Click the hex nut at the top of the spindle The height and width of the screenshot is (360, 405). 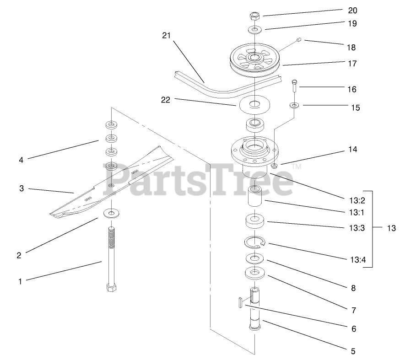click(254, 16)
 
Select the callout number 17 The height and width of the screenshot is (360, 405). click(351, 64)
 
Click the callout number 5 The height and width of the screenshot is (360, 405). click(352, 351)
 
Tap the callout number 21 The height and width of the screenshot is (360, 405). click(167, 36)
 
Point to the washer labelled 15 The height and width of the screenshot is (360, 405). click(294, 106)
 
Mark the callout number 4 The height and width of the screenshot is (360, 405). click(21, 160)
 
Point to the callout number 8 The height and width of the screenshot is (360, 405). click(352, 289)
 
